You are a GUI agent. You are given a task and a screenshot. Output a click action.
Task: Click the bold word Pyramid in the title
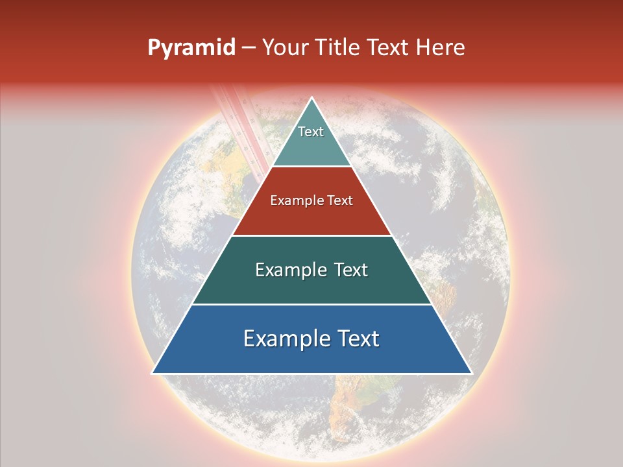(191, 48)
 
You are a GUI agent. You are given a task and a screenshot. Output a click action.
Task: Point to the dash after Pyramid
(248, 49)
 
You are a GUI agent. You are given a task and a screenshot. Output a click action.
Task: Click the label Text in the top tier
(311, 132)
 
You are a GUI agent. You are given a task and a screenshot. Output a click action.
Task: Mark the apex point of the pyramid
(312, 99)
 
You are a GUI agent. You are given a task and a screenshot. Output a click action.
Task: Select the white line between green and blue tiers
(311, 304)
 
